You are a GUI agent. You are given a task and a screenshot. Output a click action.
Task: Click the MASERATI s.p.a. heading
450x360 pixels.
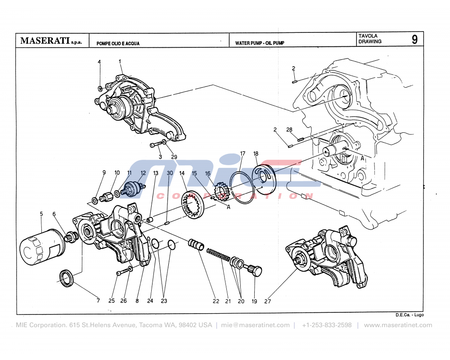(51, 41)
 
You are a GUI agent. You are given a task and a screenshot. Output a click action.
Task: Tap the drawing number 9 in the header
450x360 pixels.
(414, 40)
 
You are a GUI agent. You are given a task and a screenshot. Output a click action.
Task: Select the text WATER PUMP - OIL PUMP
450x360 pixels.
(259, 44)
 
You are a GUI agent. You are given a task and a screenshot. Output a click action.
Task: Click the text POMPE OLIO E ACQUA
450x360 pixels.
(118, 44)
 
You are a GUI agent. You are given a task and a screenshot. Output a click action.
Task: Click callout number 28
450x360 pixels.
(289, 130)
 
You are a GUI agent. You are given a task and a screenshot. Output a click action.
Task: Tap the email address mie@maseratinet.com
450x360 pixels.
(255, 325)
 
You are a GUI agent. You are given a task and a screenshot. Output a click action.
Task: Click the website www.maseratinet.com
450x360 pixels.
(398, 325)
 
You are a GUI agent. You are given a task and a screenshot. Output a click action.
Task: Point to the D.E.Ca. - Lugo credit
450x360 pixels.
(409, 315)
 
